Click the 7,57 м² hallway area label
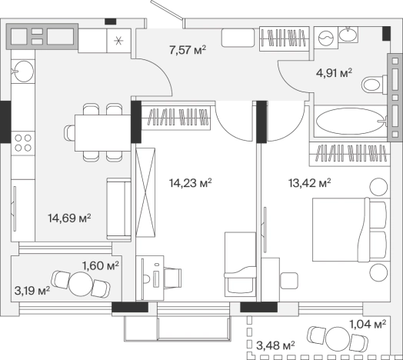tap(188, 50)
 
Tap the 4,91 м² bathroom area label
tap(334, 73)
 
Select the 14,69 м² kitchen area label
tap(69, 218)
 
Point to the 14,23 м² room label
tap(190, 183)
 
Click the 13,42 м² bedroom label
tap(309, 183)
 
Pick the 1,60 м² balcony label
tap(101, 265)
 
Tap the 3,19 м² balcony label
tap(32, 291)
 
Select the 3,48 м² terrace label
tap(275, 345)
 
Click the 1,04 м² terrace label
tap(368, 324)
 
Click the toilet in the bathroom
tap(375, 85)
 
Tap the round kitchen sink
tap(23, 72)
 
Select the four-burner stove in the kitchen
tap(23, 143)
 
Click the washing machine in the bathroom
tap(325, 38)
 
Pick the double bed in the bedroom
tap(350, 230)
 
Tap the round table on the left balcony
tap(81, 284)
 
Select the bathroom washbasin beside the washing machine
tap(348, 34)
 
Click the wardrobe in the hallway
tap(285, 38)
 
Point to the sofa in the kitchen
tap(118, 208)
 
